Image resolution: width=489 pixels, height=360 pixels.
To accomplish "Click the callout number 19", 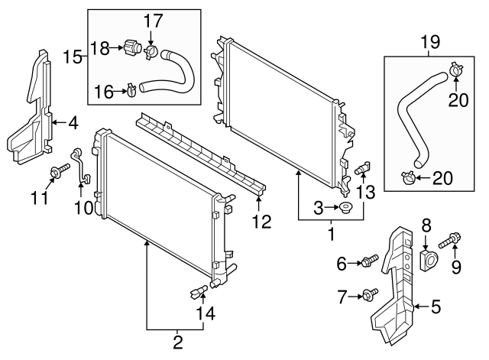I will pyautogui.click(x=430, y=43).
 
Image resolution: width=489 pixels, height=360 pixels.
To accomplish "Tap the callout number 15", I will pyautogui.click(x=73, y=56).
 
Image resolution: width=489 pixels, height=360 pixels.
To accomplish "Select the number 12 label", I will pyautogui.click(x=261, y=222).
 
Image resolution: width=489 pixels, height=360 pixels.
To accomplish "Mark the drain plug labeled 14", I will pyautogui.click(x=198, y=290).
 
